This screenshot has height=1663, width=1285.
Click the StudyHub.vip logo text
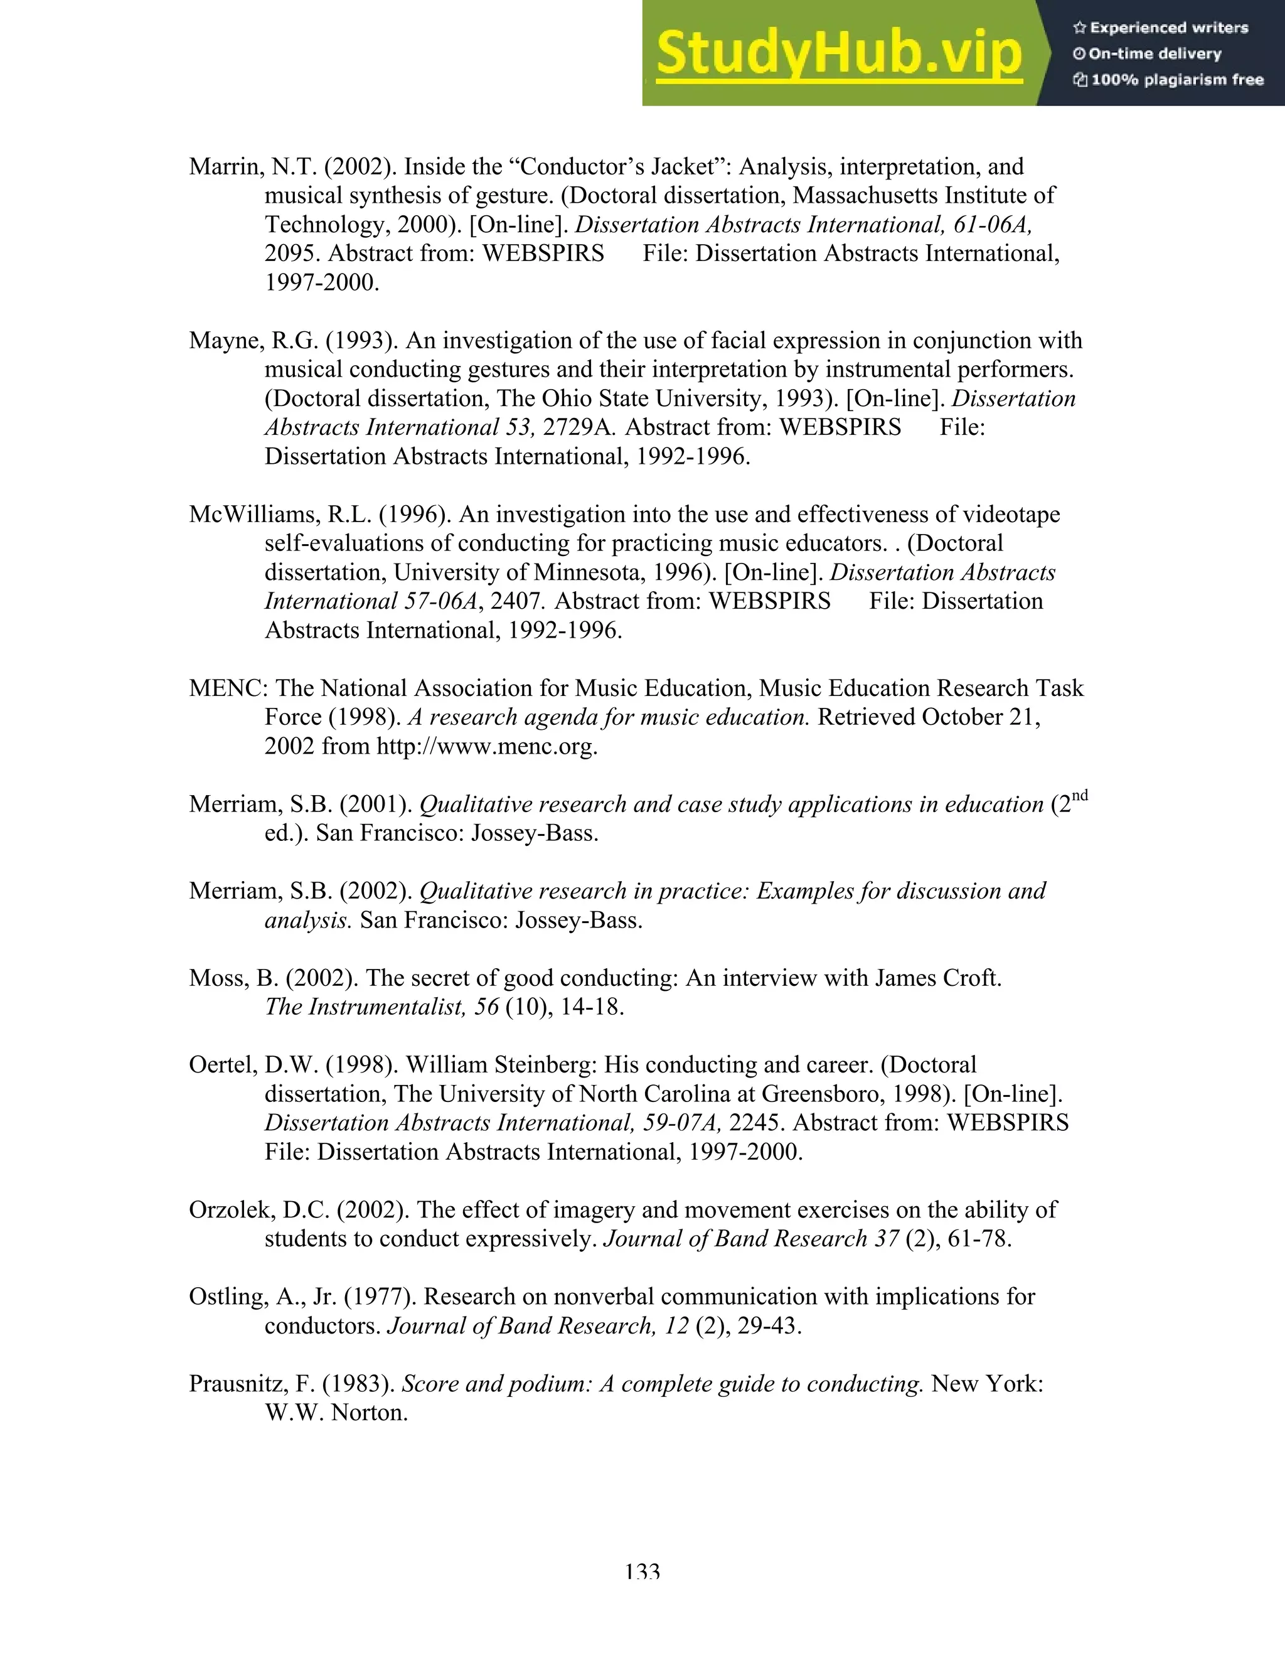coord(838,54)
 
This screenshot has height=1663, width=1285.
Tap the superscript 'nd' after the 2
coord(1079,796)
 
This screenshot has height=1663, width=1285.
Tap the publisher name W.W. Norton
coord(336,1413)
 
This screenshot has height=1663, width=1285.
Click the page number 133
coord(642,1573)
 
